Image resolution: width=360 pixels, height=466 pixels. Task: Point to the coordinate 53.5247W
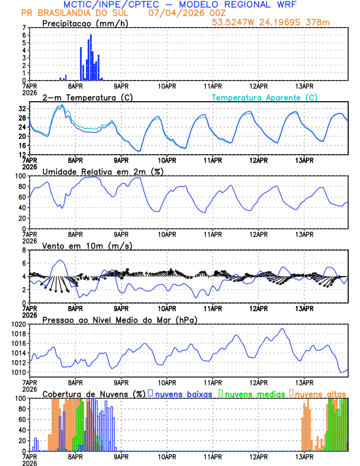235,22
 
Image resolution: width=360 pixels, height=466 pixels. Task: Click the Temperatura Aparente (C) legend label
264,97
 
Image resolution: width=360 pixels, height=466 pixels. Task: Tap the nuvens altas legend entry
320,393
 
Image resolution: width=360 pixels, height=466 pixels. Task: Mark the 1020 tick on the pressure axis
19,324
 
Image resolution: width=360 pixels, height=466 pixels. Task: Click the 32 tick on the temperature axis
22,109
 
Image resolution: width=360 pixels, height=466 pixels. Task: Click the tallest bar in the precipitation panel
91,58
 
